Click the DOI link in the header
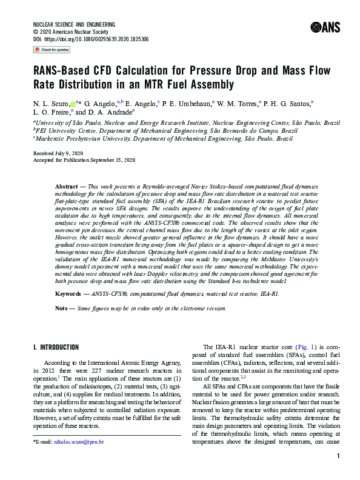point(100,38)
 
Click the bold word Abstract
point(67,182)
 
